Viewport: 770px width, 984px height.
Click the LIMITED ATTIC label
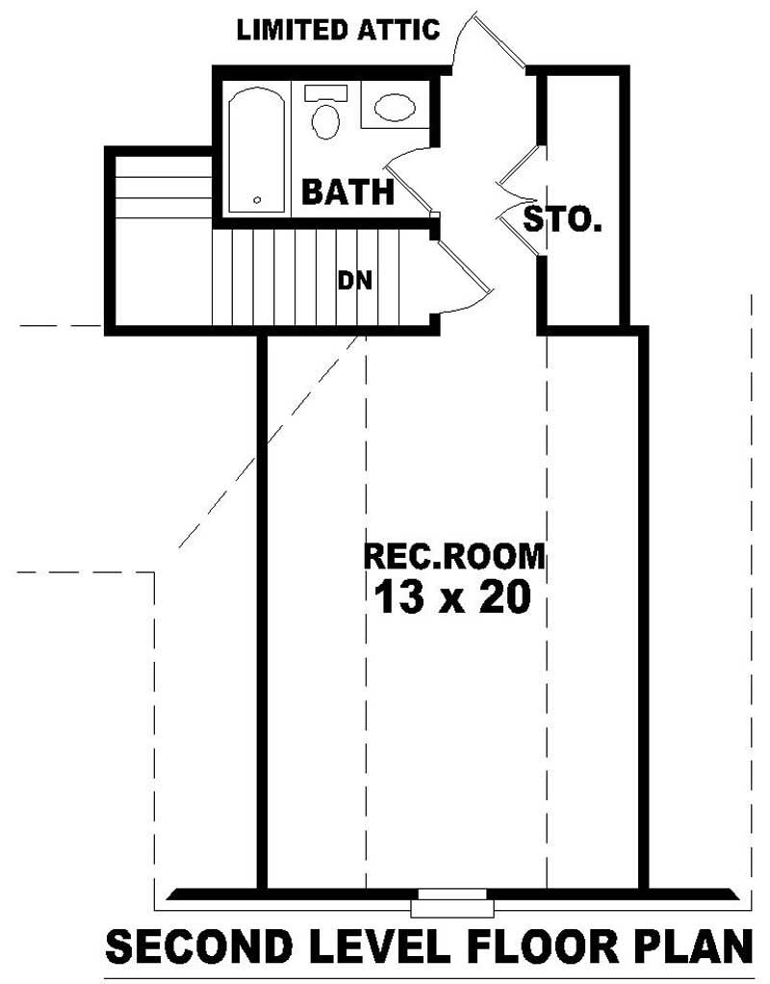tap(338, 30)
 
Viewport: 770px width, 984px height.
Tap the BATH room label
tap(347, 191)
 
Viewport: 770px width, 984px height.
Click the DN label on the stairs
tap(354, 281)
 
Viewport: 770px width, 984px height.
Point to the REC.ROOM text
tap(453, 556)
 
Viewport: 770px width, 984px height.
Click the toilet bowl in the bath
tap(326, 122)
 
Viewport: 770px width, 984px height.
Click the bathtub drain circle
tap(257, 200)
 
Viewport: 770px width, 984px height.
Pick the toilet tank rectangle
tap(325, 93)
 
